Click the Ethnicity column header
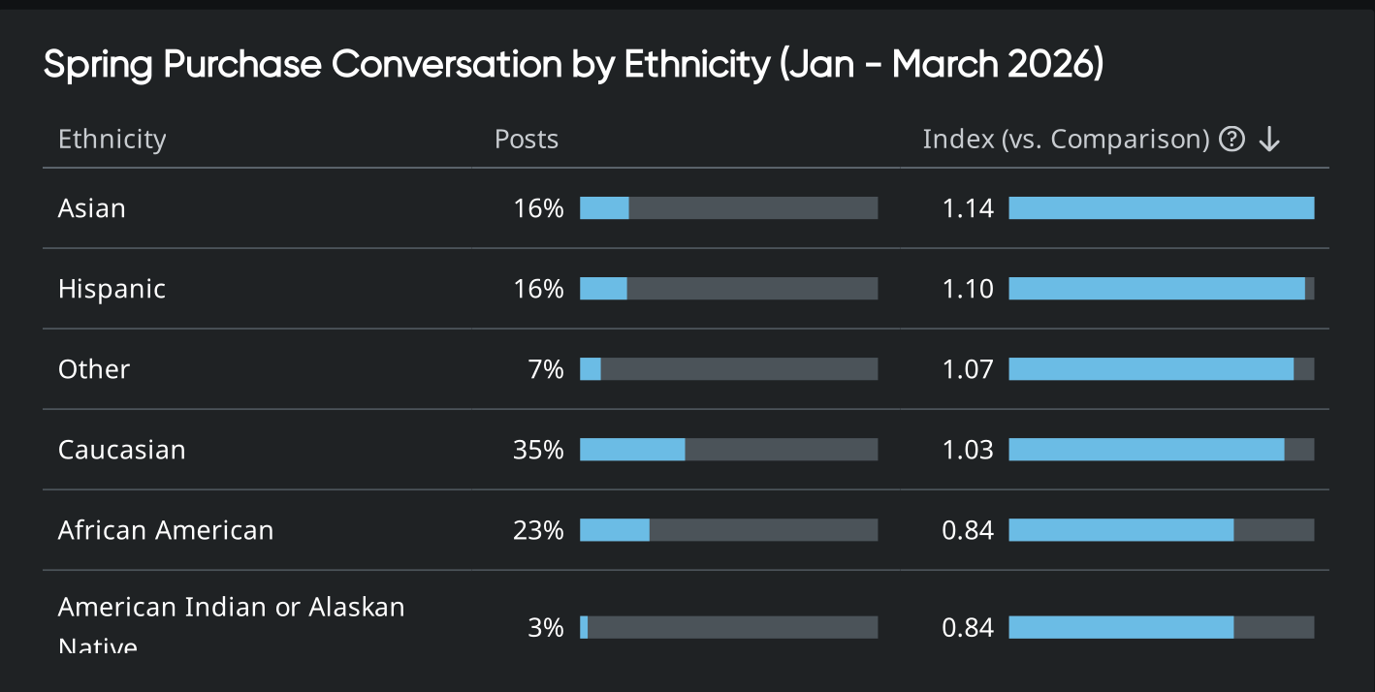(112, 140)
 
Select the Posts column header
(527, 140)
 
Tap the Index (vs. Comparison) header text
(1065, 140)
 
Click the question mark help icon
(1231, 140)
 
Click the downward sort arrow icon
(1269, 140)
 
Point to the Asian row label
(92, 208)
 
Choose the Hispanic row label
(112, 289)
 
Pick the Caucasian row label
(121, 450)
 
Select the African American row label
(166, 530)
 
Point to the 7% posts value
(546, 369)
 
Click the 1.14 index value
(968, 208)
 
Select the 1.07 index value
(968, 369)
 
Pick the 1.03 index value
(968, 450)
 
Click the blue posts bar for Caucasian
(632, 450)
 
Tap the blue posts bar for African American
(615, 530)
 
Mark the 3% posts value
(546, 628)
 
